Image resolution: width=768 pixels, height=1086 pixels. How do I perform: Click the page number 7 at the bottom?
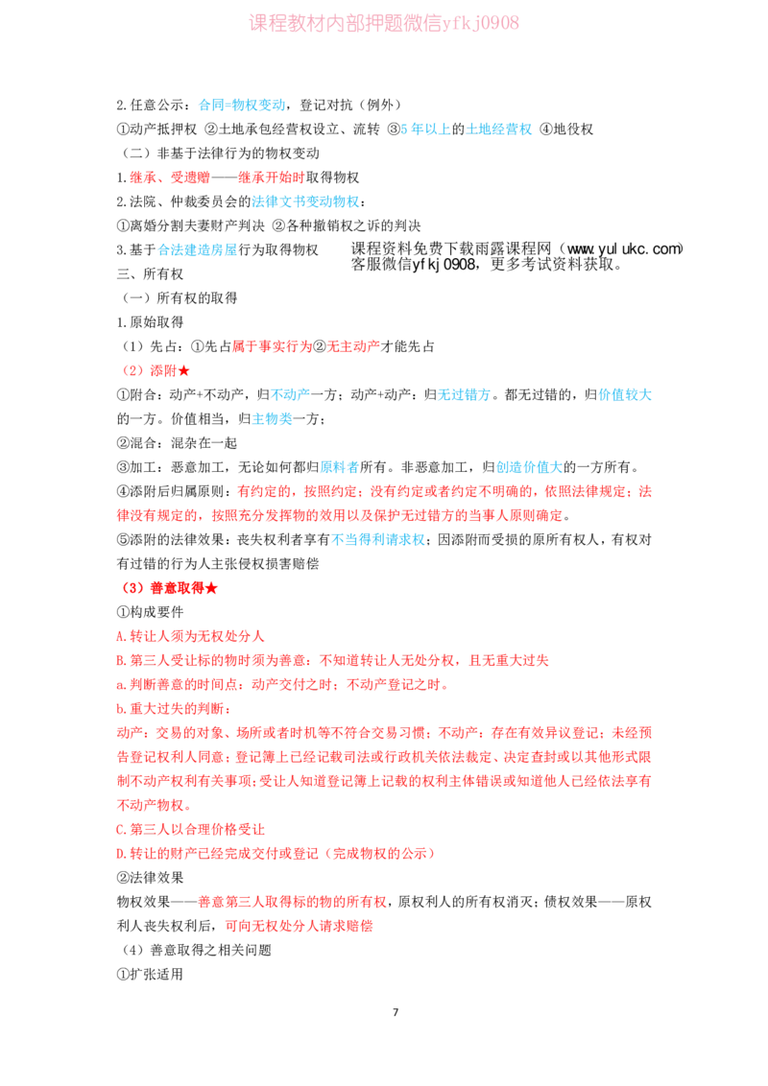click(x=396, y=1012)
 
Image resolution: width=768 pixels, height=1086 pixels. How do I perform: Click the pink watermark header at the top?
click(x=384, y=23)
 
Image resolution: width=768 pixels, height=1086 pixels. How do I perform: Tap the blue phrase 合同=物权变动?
click(x=242, y=106)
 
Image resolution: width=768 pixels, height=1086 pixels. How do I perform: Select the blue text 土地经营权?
click(x=498, y=130)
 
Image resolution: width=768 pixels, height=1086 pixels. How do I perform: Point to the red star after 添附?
click(x=183, y=371)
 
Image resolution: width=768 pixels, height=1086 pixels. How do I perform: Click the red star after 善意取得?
click(x=211, y=588)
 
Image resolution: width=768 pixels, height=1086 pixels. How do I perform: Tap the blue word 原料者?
click(x=340, y=467)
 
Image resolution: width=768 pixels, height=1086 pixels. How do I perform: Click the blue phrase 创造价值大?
click(x=530, y=467)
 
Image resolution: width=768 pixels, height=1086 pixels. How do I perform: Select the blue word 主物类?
click(x=272, y=419)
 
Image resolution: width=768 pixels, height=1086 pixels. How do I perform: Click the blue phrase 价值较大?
click(x=625, y=395)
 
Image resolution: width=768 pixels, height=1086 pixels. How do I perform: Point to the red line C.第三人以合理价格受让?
click(x=191, y=829)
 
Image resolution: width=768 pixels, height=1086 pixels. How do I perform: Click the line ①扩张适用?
click(x=150, y=975)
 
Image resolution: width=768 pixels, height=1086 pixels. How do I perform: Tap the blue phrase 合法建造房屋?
click(x=198, y=250)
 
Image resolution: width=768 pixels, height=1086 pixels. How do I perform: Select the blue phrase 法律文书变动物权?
click(x=305, y=201)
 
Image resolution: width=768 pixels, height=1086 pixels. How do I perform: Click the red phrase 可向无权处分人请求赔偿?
click(x=299, y=926)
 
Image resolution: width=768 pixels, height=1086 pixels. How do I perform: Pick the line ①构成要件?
click(x=150, y=612)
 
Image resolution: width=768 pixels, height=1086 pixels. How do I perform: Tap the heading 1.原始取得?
click(x=150, y=322)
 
